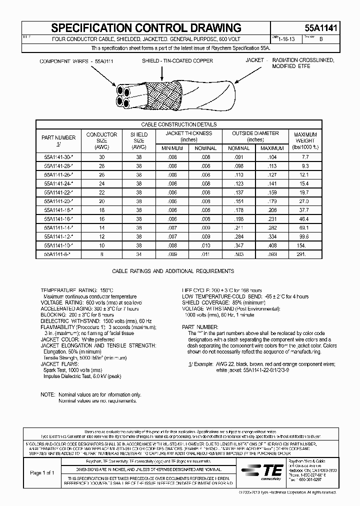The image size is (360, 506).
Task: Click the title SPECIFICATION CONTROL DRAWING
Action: [x=146, y=28]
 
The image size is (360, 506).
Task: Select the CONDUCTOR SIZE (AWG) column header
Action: [x=101, y=140]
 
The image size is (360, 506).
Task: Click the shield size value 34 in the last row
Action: [x=139, y=254]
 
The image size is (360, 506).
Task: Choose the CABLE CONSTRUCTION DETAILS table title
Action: [x=179, y=124]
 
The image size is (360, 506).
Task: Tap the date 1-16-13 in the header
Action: [x=288, y=38]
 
